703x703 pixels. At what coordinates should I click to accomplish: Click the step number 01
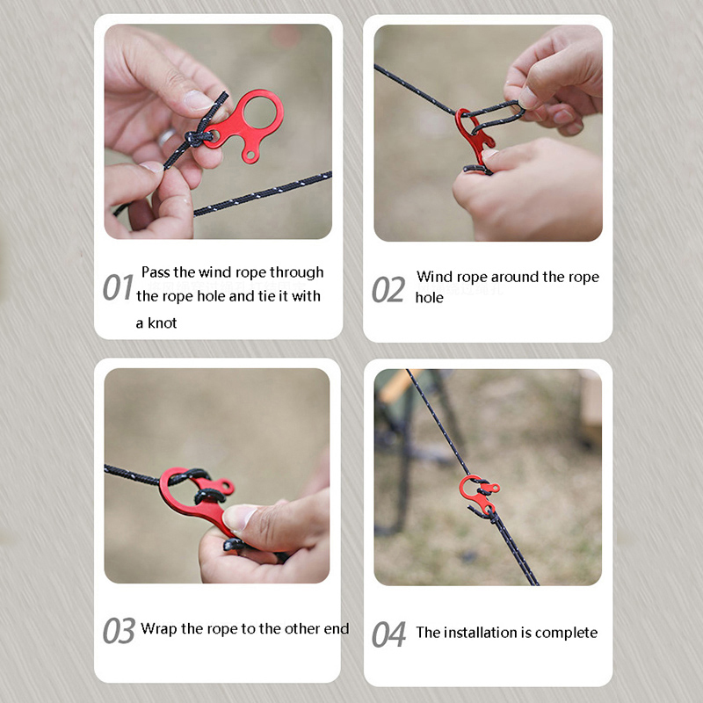118,287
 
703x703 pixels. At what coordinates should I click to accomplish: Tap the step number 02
388,290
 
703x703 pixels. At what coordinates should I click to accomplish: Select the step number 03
119,630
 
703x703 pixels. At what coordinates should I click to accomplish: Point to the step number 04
388,634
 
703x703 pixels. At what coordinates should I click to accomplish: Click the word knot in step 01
163,323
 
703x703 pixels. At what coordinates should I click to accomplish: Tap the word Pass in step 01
156,272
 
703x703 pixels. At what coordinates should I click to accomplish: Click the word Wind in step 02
433,277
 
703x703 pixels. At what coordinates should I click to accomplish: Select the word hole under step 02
429,297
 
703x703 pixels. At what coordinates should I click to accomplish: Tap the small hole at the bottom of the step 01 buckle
250,156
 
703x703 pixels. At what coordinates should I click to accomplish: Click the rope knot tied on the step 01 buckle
196,138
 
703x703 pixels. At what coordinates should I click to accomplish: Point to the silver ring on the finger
166,137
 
